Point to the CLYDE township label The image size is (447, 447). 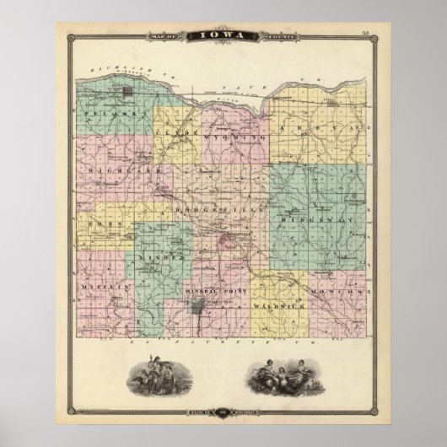[172, 133]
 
